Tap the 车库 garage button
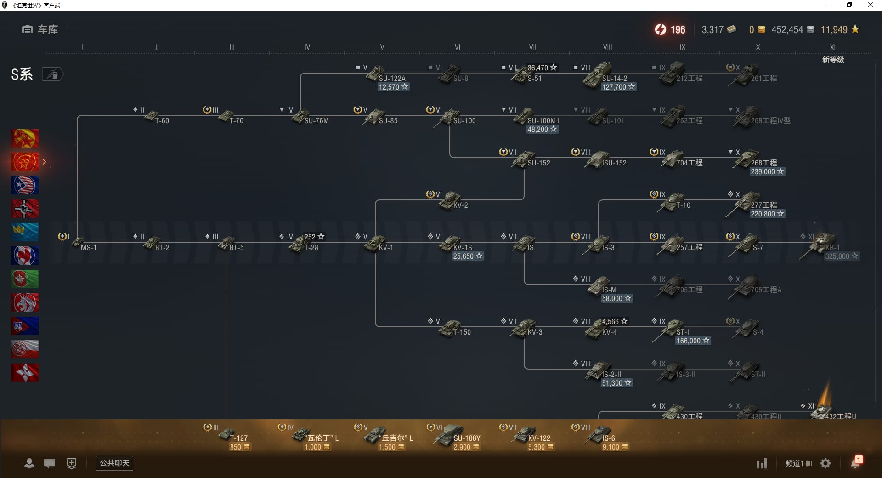coord(40,29)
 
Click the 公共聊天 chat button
coord(114,463)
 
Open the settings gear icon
coord(825,463)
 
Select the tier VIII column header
coord(607,47)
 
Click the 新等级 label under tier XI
coord(833,59)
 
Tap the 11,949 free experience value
coord(834,30)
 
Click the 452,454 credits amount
coord(787,30)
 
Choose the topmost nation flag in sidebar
coord(25,138)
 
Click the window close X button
coord(870,5)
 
